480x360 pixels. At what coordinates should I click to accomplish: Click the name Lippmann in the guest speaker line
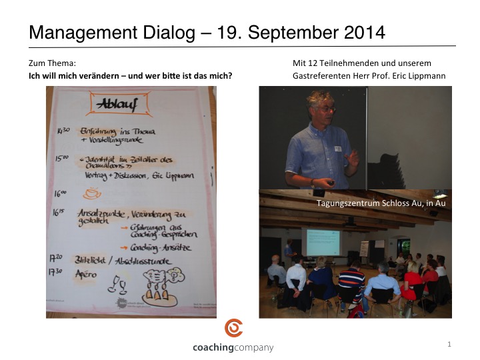point(428,75)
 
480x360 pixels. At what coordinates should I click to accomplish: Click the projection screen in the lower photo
point(322,243)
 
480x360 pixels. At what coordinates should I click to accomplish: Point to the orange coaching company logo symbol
point(233,328)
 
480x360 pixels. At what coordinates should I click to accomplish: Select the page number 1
point(450,344)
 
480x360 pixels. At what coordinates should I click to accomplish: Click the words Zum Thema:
point(47,63)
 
